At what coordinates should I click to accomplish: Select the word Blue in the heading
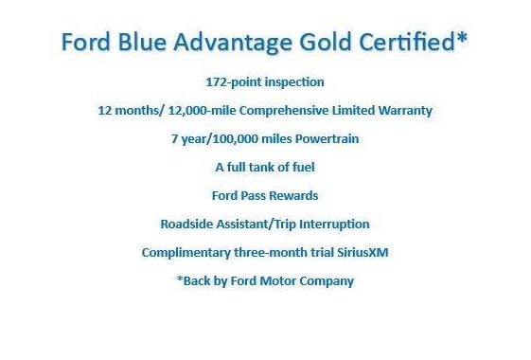tap(136, 44)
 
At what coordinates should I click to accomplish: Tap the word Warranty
tap(402, 110)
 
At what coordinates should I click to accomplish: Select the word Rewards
tap(292, 195)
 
